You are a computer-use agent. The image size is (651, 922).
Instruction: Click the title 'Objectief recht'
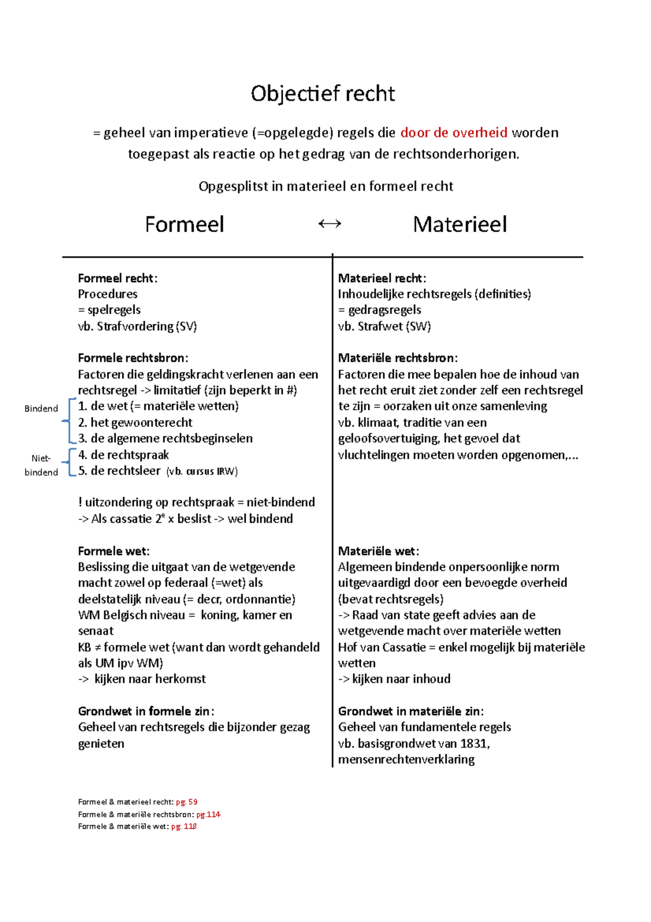pos(323,94)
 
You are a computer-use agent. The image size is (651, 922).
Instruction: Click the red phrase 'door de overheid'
pos(454,132)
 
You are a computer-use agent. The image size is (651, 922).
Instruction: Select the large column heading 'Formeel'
pos(184,224)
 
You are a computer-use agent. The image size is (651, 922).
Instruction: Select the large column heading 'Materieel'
pos(459,224)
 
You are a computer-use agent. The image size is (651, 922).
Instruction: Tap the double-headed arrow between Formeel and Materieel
pos(329,224)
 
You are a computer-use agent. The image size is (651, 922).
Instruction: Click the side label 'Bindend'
pos(41,409)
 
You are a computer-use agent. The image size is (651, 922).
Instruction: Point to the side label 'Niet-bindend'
pos(41,465)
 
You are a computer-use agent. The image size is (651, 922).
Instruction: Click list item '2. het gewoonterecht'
pos(135,422)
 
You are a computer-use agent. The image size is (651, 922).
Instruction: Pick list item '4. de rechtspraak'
pos(124,455)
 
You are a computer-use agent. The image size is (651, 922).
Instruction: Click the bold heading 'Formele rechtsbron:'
pos(133,358)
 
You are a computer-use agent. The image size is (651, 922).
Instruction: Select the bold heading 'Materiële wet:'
pos(378,551)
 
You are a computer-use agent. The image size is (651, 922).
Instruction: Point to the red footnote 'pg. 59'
pos(187,802)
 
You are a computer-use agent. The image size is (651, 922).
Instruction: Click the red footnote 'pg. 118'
pos(184,826)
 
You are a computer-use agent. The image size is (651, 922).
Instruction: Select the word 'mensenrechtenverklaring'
pos(406,759)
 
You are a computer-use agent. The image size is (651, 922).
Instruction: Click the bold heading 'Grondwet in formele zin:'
pos(146,711)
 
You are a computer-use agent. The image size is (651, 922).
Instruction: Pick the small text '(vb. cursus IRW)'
pos(202,471)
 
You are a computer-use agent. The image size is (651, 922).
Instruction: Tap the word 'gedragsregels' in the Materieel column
pos(384,310)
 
